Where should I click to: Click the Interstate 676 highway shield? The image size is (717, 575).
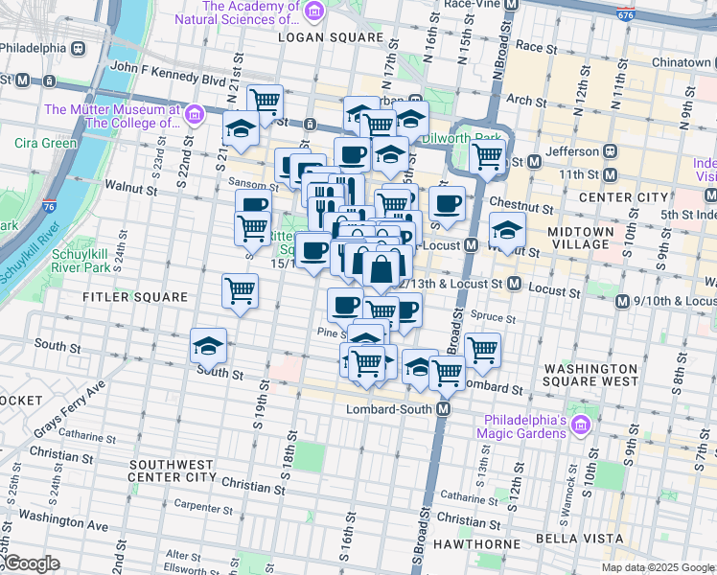pos(626,14)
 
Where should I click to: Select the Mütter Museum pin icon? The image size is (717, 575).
pos(194,115)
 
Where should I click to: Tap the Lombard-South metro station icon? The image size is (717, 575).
pos(444,409)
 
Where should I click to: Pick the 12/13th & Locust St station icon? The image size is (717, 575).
pos(514,285)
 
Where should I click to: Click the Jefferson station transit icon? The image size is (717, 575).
pos(608,151)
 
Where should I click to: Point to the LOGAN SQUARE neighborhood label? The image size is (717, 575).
pos(330,37)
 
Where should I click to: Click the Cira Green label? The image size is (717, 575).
pos(46,144)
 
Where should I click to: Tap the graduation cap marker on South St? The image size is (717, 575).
pos(208,346)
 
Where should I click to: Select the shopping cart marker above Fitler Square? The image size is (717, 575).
pos(240,288)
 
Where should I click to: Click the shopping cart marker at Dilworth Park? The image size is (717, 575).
pos(486,157)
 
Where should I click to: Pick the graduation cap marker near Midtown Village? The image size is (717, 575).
pos(507,229)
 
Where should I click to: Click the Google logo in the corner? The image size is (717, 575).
pos(31,564)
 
